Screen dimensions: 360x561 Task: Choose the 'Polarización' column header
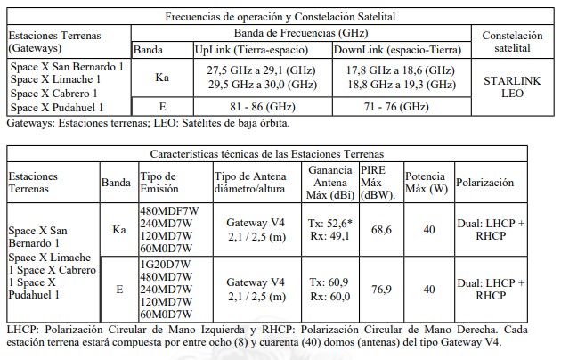click(x=485, y=182)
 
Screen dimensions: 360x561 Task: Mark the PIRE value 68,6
click(x=380, y=230)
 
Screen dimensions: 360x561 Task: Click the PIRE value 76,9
click(x=380, y=289)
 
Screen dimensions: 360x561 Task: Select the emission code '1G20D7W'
click(x=165, y=264)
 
